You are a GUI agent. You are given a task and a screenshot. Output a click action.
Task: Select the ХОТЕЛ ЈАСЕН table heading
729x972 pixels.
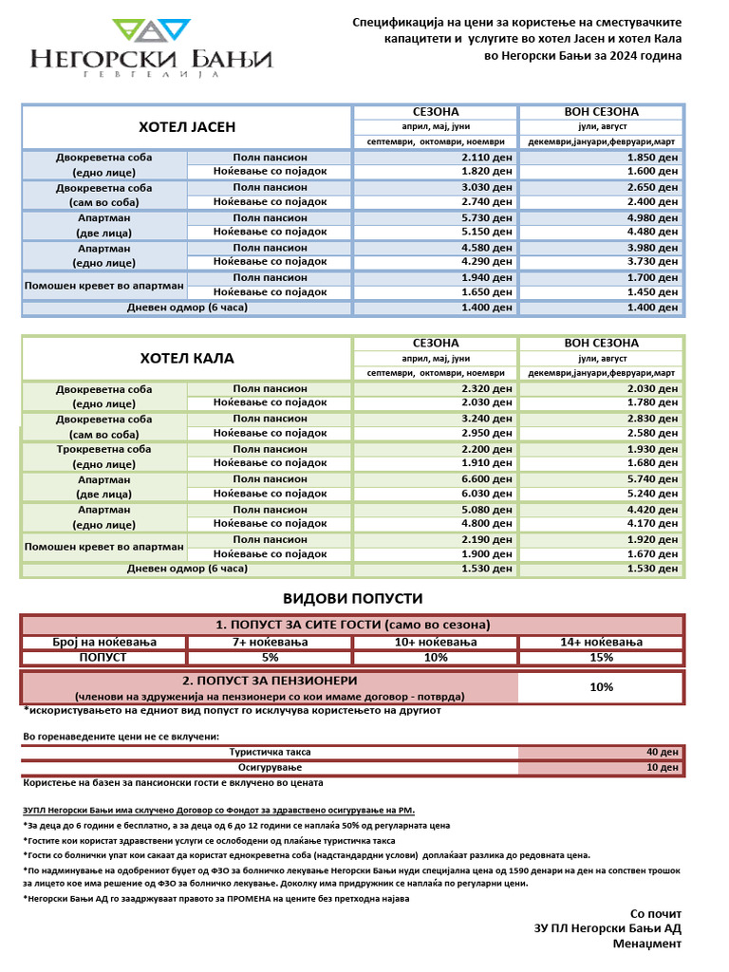pos(187,127)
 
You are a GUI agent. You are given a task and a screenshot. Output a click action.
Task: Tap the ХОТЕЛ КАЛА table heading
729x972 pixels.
pos(187,359)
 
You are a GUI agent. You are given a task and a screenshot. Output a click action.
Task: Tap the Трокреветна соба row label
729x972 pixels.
pos(103,449)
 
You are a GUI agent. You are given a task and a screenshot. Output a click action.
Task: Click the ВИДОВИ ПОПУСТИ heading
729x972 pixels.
pos(352,599)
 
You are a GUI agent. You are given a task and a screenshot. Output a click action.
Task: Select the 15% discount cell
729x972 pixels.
pos(600,658)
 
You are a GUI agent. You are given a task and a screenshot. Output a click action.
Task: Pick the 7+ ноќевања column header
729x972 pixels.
pos(270,643)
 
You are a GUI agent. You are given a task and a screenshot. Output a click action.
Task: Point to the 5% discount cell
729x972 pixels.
pos(270,658)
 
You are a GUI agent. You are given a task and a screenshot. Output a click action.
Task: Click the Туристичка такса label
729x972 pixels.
pos(270,752)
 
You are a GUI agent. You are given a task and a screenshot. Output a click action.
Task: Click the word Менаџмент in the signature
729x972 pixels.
pos(646,944)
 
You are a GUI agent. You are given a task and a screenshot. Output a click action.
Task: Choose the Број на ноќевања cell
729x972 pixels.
pos(103,643)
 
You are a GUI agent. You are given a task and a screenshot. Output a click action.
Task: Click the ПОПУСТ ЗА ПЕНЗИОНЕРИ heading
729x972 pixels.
pos(270,681)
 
